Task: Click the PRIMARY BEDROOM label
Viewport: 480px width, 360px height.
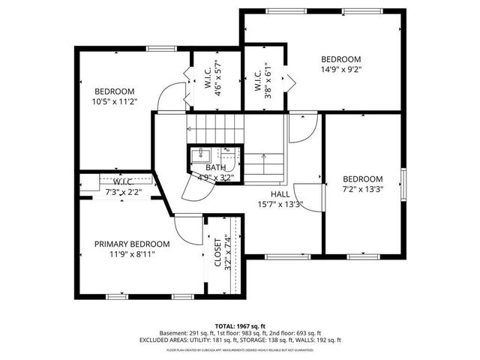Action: [131, 244]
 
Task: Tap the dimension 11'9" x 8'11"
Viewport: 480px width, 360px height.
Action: [131, 254]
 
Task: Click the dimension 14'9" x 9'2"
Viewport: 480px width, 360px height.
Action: [341, 70]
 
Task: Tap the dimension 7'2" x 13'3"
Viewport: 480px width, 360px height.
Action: [363, 189]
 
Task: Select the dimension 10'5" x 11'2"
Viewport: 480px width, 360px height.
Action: [113, 101]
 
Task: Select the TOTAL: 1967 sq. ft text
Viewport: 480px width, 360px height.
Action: [240, 325]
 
